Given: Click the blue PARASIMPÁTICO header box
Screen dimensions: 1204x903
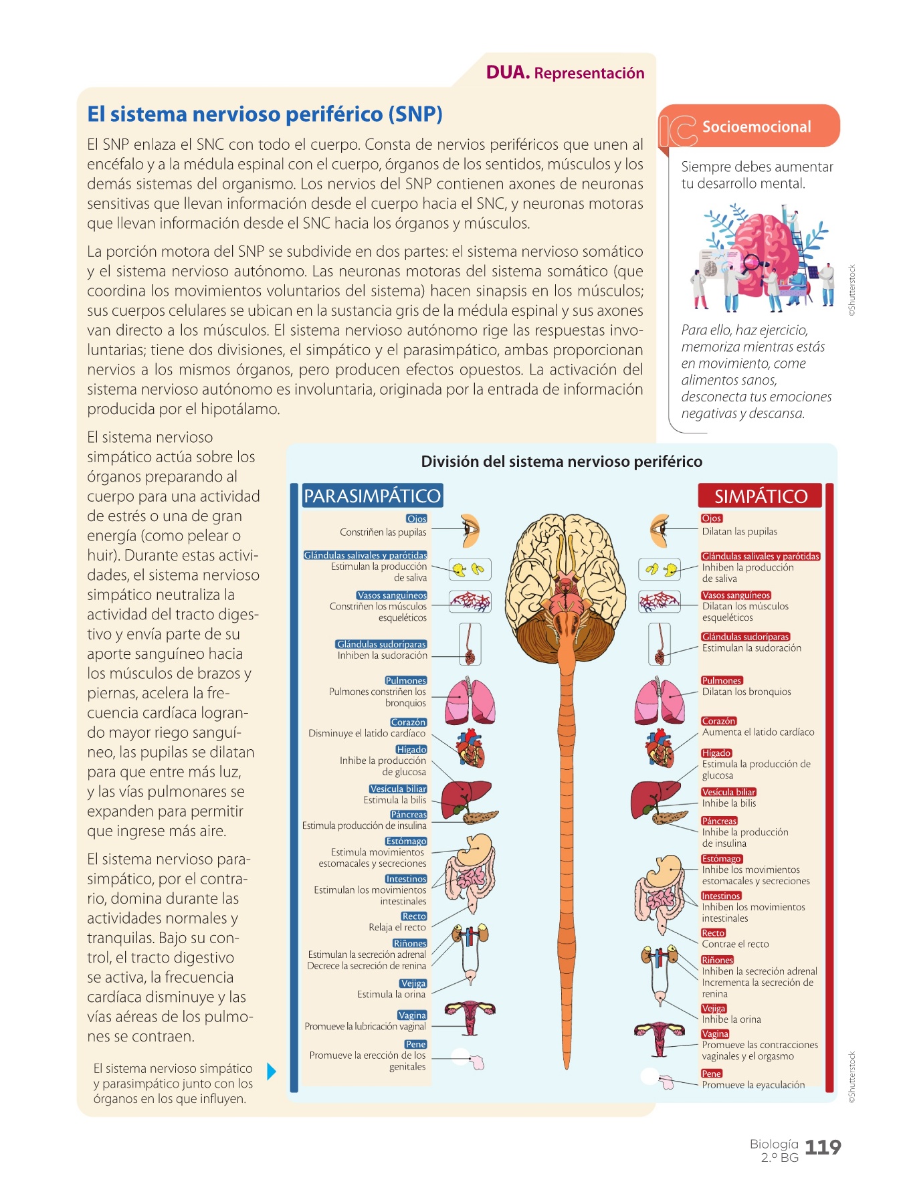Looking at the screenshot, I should [372, 496].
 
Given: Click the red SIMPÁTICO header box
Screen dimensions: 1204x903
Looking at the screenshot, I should [761, 496].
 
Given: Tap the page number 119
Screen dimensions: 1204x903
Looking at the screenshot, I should [822, 1147].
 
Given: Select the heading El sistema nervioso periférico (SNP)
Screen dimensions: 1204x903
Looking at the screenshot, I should [265, 114].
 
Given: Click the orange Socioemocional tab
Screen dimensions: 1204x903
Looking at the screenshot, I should [755, 126].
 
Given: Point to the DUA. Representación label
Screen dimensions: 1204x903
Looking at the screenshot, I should [565, 73].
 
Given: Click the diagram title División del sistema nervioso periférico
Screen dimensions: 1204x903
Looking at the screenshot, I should [561, 462].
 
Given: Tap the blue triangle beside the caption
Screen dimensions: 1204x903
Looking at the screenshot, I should [271, 1072].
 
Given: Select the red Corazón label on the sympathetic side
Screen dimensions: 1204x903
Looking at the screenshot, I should [718, 721].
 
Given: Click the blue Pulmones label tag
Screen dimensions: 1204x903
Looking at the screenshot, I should [405, 680].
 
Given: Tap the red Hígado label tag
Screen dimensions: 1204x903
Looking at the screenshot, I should [716, 753].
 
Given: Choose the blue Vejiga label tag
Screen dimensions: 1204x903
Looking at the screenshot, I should [413, 983].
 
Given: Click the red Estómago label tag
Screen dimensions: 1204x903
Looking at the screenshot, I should [721, 859].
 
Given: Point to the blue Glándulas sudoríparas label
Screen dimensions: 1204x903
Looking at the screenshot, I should [381, 644].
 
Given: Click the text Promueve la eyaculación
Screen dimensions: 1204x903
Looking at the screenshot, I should [753, 1085].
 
